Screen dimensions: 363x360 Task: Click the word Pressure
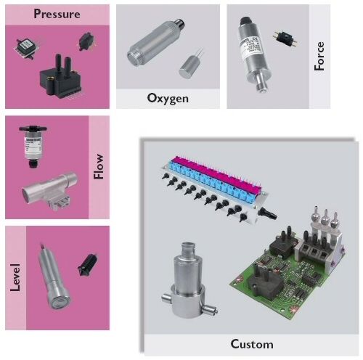pyautogui.click(x=57, y=14)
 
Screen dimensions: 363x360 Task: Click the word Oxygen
pyautogui.click(x=168, y=99)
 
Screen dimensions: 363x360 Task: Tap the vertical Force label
pyautogui.click(x=319, y=56)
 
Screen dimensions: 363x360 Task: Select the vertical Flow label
pyautogui.click(x=99, y=166)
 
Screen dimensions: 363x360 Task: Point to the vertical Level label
pyautogui.click(x=15, y=277)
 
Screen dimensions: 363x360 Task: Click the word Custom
pyautogui.click(x=252, y=344)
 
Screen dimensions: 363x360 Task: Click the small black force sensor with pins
pyautogui.click(x=285, y=38)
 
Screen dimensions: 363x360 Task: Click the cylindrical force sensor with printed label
pyautogui.click(x=254, y=54)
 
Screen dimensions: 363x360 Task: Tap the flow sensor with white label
pyautogui.click(x=33, y=147)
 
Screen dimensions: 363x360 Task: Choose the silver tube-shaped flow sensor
pyautogui.click(x=50, y=190)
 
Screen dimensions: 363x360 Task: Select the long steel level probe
pyautogui.click(x=54, y=277)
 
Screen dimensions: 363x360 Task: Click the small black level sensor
pyautogui.click(x=87, y=265)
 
